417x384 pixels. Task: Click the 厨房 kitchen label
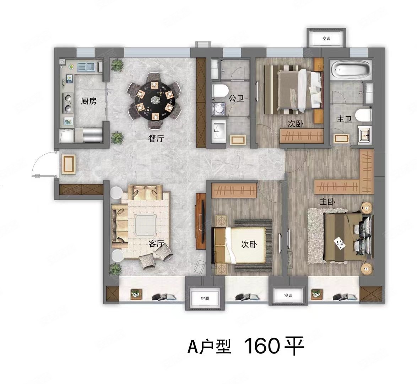coord(89,101)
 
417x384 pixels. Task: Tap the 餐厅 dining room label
coord(156,139)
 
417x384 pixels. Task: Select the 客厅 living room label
coord(156,244)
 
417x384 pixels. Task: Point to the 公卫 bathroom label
coord(237,98)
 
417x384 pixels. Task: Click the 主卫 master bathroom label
coord(345,119)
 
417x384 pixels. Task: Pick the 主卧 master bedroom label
coord(327,202)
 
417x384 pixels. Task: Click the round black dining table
coord(154,100)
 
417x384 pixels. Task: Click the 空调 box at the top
coord(326,39)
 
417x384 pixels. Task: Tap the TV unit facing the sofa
coord(201,221)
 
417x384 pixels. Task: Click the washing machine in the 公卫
coord(219,109)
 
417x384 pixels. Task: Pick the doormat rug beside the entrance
coord(68,165)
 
